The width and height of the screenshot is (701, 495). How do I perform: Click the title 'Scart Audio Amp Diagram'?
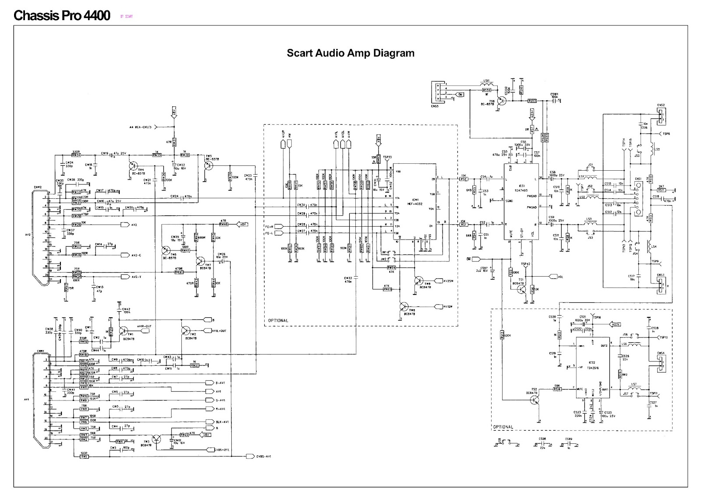coord(350,53)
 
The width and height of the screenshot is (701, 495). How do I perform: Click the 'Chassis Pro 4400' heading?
coord(62,16)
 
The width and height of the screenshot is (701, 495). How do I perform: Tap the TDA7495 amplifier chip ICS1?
coord(521,201)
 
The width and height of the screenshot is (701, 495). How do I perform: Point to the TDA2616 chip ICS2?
coord(593,368)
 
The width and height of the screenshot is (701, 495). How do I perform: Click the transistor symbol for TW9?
coord(418,281)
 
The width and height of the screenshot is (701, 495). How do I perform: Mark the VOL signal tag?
coord(557,277)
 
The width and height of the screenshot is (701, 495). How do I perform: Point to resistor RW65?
coord(387,289)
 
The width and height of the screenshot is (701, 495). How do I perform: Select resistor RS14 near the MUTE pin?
coord(557,388)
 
